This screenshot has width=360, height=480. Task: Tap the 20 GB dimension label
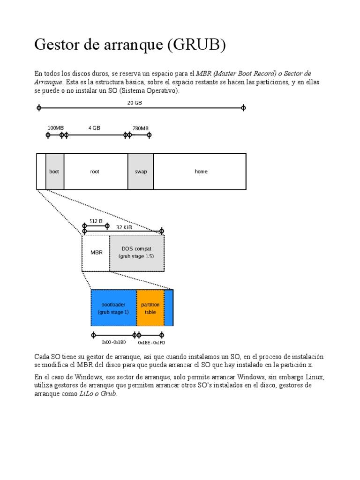(x=135, y=103)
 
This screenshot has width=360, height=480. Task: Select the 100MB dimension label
(x=55, y=128)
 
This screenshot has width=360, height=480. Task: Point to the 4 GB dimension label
(x=94, y=127)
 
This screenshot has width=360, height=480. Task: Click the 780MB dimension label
(x=140, y=128)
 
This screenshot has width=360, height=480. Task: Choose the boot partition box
(x=55, y=172)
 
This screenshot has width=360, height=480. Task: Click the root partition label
(x=95, y=172)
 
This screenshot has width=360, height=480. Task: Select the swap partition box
(x=141, y=172)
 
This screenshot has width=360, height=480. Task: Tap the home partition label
(x=201, y=172)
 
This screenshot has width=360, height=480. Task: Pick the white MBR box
(x=96, y=253)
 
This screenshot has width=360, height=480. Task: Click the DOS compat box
(x=136, y=253)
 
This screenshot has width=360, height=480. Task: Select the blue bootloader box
(x=113, y=308)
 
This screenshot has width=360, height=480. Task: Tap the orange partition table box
(x=150, y=308)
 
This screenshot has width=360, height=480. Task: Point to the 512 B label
(x=96, y=221)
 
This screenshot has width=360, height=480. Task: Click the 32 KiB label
(x=124, y=227)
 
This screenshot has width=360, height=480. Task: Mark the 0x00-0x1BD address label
(x=113, y=343)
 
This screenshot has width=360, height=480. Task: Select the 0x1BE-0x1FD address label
(x=151, y=343)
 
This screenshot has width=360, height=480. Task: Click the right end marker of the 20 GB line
(x=243, y=108)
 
